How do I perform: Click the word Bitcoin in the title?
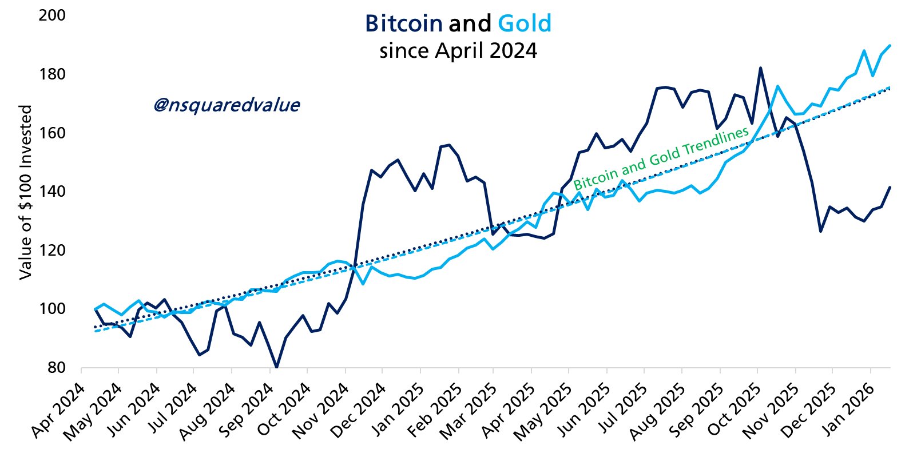[x=403, y=23]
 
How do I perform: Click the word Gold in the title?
[x=525, y=23]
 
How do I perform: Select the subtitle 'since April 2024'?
[x=458, y=51]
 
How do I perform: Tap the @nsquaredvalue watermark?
[x=227, y=105]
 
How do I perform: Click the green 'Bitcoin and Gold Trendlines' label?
[x=661, y=158]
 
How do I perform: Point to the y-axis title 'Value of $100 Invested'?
[x=25, y=192]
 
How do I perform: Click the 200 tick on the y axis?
[x=52, y=15]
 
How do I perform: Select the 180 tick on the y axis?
[x=52, y=74]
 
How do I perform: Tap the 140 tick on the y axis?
[x=52, y=192]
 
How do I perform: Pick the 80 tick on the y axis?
[x=56, y=367]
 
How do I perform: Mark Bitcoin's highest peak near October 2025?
[x=760, y=68]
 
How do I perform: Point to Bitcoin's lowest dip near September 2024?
[x=276, y=367]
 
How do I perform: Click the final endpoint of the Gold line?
[x=890, y=45]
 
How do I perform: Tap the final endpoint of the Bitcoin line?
[x=890, y=187]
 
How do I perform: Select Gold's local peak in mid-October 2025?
[x=777, y=86]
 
